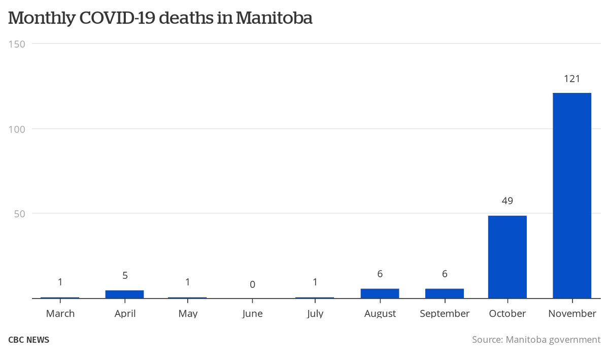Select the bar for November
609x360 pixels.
(x=572, y=195)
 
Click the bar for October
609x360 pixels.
(x=507, y=257)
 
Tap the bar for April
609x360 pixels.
(x=125, y=294)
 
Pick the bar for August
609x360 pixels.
(x=380, y=293)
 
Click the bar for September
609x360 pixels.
(x=445, y=293)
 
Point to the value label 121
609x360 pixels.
(x=572, y=79)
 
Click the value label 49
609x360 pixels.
(x=507, y=201)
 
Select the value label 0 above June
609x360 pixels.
(x=252, y=284)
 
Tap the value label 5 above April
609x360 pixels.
(x=125, y=276)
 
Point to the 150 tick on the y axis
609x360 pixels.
(x=17, y=44)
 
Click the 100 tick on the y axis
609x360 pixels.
(x=17, y=129)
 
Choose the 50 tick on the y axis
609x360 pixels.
(x=19, y=214)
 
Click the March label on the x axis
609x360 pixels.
(x=60, y=314)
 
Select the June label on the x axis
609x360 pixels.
(x=252, y=314)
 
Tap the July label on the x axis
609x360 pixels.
(x=315, y=314)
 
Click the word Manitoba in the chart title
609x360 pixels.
(x=274, y=18)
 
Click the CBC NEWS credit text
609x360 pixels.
(x=29, y=340)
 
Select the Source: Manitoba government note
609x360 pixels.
(x=536, y=340)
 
